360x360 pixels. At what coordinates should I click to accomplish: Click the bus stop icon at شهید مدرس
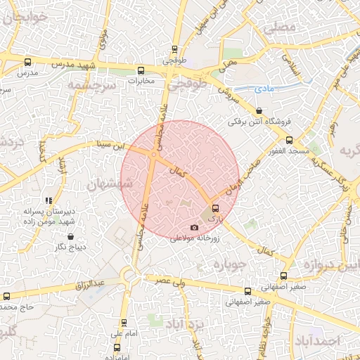[27, 61]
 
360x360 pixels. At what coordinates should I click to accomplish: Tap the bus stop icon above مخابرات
[141, 70]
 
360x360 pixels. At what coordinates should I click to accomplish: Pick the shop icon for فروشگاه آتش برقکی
[261, 110]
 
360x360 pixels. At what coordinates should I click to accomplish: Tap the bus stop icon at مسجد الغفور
[289, 140]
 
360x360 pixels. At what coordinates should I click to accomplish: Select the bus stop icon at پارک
[215, 208]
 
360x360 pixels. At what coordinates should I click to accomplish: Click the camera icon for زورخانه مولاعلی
[195, 227]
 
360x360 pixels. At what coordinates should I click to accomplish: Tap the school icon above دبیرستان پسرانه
[48, 200]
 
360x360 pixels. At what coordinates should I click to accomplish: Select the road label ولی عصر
[170, 281]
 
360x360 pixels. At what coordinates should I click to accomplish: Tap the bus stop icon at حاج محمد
[7, 296]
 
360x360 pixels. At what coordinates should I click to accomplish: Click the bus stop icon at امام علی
[124, 323]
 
